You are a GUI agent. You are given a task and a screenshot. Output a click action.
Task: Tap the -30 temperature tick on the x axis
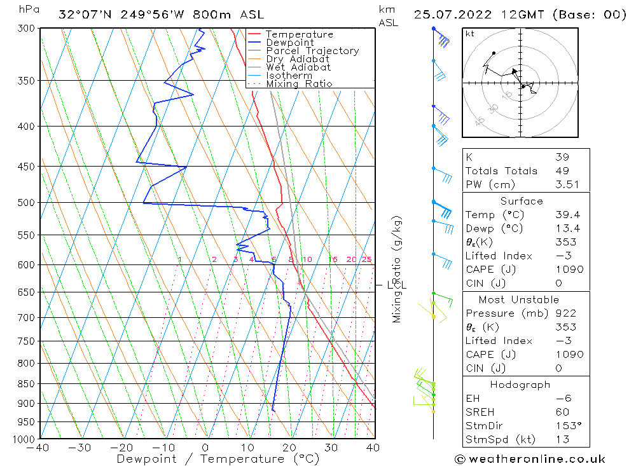point(80,448)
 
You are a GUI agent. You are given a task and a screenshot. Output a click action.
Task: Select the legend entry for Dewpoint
point(290,43)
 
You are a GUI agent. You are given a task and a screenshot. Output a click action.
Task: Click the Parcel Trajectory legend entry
point(312,51)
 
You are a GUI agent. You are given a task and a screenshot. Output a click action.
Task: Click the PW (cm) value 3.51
point(562,184)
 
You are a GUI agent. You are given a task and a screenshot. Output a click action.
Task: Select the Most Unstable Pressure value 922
point(565,313)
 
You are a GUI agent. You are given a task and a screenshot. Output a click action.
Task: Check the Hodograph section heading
point(520,385)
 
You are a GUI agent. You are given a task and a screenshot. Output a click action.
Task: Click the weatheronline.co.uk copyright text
point(529,459)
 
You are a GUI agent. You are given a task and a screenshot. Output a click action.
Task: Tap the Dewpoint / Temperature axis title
point(218,458)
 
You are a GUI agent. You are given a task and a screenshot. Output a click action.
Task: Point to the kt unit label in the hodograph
point(470,34)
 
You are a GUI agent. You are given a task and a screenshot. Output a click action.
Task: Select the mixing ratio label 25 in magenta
point(366,259)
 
